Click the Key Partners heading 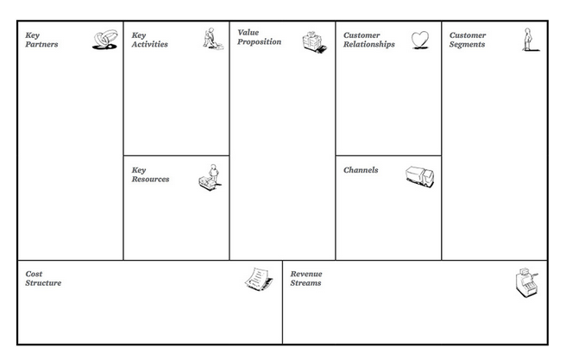click(x=41, y=40)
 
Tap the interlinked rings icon click(x=105, y=40)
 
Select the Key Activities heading click(x=149, y=40)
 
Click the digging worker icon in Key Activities click(x=213, y=39)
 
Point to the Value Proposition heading click(x=259, y=37)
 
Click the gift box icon click(x=314, y=42)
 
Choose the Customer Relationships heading click(x=369, y=40)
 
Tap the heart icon click(x=420, y=40)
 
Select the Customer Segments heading click(x=468, y=40)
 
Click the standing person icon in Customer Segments click(x=530, y=40)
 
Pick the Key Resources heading click(x=150, y=174)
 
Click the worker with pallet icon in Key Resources click(x=210, y=177)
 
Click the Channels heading click(x=361, y=170)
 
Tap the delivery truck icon click(x=420, y=177)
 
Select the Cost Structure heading click(x=43, y=278)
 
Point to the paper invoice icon click(x=259, y=279)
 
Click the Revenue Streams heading click(x=306, y=278)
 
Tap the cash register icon click(x=526, y=282)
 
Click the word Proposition click(x=259, y=42)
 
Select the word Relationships click(x=369, y=44)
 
